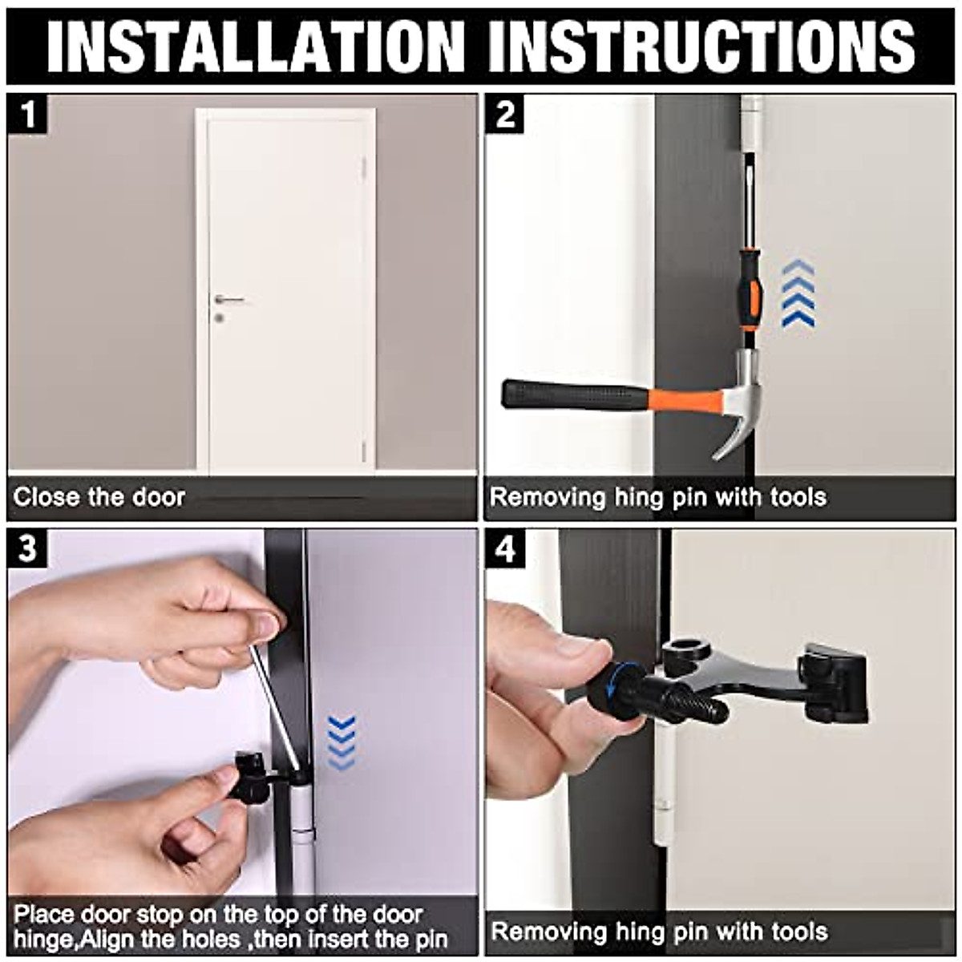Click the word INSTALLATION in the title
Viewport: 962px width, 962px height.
(x=256, y=47)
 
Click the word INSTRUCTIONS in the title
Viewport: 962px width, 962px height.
(x=702, y=47)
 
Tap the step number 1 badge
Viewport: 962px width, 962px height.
(x=27, y=115)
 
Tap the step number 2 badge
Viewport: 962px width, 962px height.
(x=505, y=115)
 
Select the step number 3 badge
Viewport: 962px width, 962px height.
(x=27, y=548)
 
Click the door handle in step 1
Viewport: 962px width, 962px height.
(x=228, y=300)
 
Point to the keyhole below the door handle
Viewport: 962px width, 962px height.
(x=219, y=317)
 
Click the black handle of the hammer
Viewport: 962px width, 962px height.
(x=574, y=395)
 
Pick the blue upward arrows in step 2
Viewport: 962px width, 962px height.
(x=798, y=294)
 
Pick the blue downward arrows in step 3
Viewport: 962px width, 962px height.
(x=342, y=743)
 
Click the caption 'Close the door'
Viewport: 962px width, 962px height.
(x=99, y=497)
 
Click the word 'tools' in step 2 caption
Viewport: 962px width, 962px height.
(x=798, y=497)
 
